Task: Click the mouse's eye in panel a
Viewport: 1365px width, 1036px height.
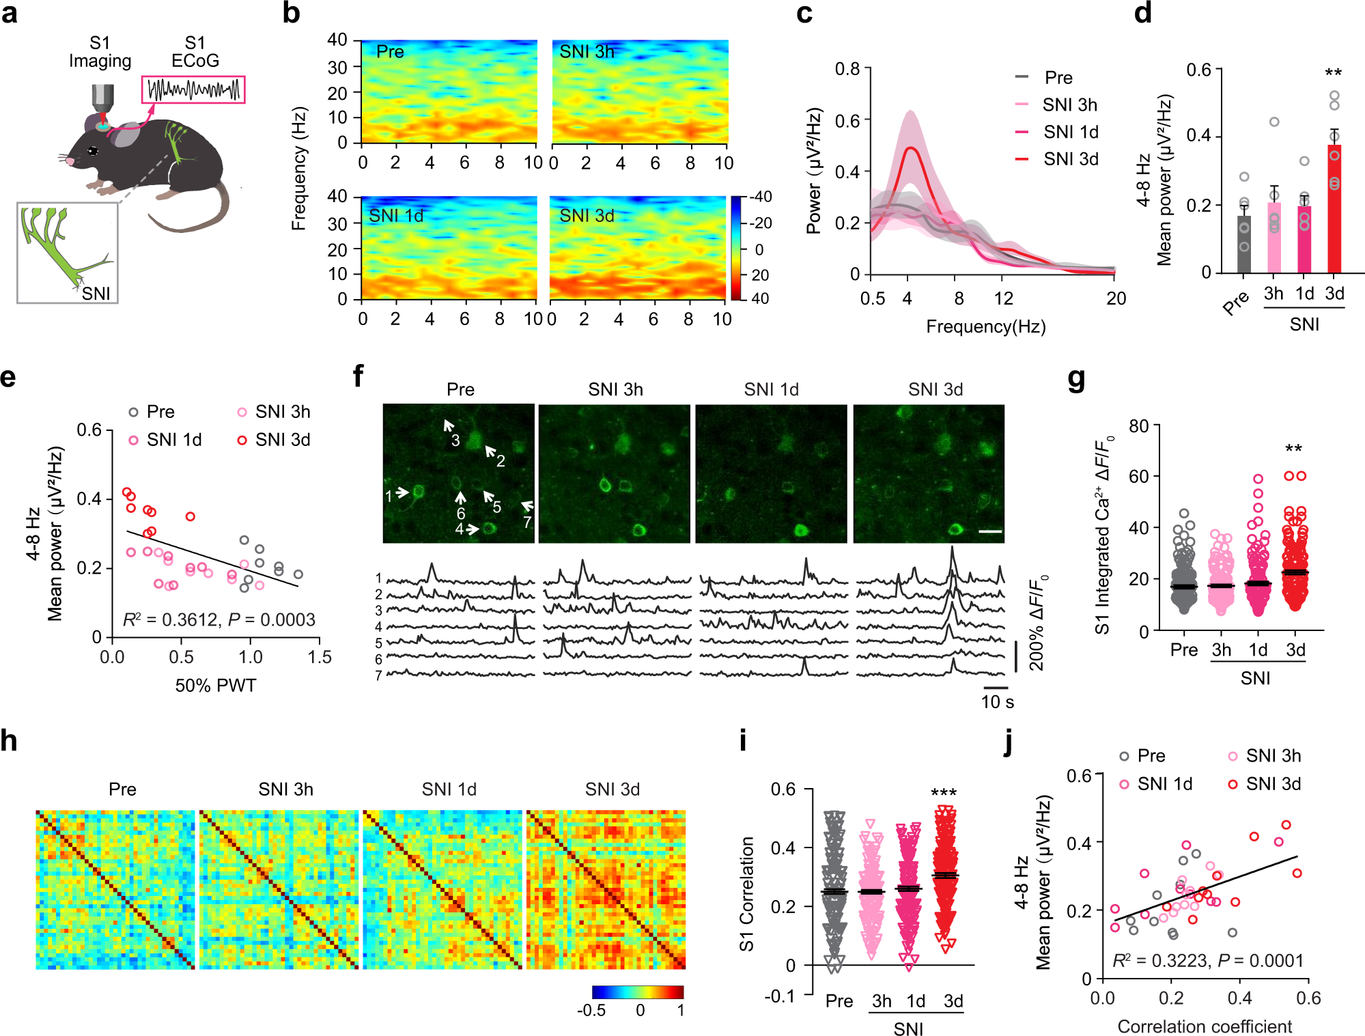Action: click(x=93, y=150)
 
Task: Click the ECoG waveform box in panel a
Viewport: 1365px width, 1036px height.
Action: click(x=193, y=90)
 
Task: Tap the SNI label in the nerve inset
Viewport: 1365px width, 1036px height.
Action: click(x=96, y=294)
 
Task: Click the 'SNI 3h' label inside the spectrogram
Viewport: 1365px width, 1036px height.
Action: click(x=587, y=52)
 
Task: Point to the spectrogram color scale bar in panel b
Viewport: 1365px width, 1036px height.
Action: click(x=737, y=247)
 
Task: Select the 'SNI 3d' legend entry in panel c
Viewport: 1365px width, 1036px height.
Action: click(x=1070, y=159)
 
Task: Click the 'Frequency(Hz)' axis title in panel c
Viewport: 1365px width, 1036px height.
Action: click(x=985, y=326)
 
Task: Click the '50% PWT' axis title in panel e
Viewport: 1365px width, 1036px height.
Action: click(x=216, y=685)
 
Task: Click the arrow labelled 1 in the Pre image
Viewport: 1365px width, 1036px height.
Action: click(x=402, y=492)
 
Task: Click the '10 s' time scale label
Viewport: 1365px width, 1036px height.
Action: click(x=997, y=702)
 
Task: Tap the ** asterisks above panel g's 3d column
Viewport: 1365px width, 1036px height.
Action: click(x=1293, y=449)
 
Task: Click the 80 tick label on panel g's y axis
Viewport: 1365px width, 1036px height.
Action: click(x=1138, y=426)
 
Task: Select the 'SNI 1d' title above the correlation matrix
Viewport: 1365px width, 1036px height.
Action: click(x=449, y=789)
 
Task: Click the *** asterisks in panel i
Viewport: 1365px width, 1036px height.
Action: click(x=944, y=792)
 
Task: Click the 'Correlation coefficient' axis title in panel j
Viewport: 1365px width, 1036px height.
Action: click(x=1205, y=1026)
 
